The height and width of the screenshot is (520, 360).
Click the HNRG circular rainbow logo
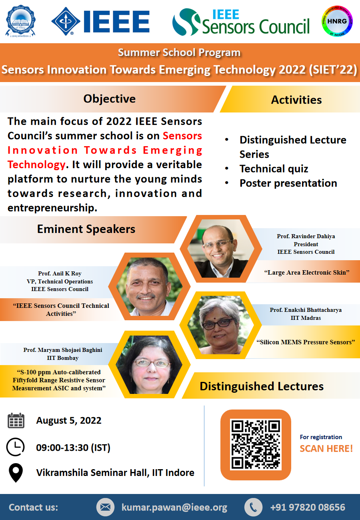pyautogui.click(x=337, y=21)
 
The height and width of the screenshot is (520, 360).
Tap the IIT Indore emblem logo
pyautogui.click(x=20, y=21)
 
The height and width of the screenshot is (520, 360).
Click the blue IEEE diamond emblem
pyautogui.click(x=66, y=21)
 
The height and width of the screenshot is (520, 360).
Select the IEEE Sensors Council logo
pyautogui.click(x=241, y=22)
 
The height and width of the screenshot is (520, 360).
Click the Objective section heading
pyautogui.click(x=110, y=99)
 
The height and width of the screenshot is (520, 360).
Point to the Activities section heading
pyautogui.click(x=296, y=100)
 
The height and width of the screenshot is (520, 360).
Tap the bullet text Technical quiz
pyautogui.click(x=274, y=169)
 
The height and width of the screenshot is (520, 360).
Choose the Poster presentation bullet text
pyautogui.click(x=288, y=183)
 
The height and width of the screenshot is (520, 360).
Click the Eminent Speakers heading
pyautogui.click(x=86, y=229)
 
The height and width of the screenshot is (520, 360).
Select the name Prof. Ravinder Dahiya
pyautogui.click(x=306, y=236)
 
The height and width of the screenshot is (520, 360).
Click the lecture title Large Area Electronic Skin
pyautogui.click(x=307, y=272)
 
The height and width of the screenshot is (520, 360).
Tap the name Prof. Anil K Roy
pyautogui.click(x=60, y=273)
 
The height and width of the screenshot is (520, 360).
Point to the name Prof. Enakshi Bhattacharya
pyautogui.click(x=306, y=310)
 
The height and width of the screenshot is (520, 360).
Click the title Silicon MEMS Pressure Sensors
pyautogui.click(x=306, y=342)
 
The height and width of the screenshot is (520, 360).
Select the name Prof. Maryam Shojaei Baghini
pyautogui.click(x=63, y=350)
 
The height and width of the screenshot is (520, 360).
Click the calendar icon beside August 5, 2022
pyautogui.click(x=16, y=420)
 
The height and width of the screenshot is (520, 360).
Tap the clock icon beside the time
pyautogui.click(x=15, y=447)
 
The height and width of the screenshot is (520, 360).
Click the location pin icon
pyautogui.click(x=16, y=473)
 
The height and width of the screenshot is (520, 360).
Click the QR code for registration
pyautogui.click(x=256, y=445)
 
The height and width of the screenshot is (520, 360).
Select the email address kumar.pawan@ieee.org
pyautogui.click(x=174, y=507)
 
